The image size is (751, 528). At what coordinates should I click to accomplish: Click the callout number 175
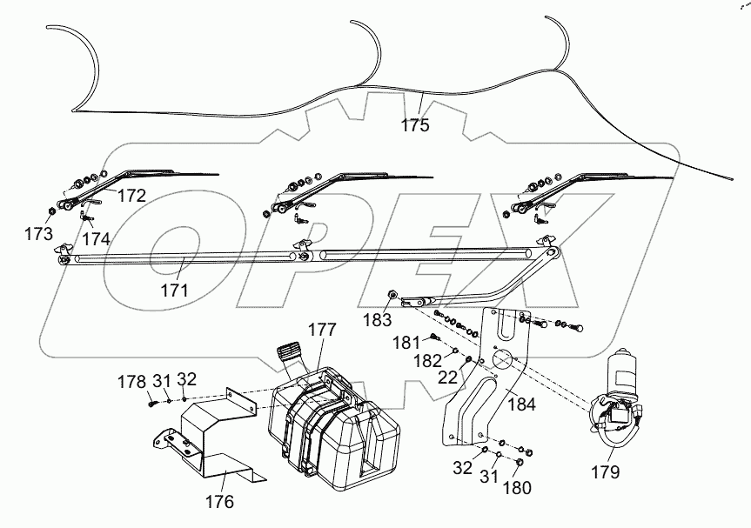click(415, 125)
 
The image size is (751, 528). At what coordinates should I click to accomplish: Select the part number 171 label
click(174, 291)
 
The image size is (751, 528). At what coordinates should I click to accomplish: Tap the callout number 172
click(131, 196)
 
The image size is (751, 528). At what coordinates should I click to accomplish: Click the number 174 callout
click(96, 237)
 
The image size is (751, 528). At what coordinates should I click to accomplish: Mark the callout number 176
click(220, 501)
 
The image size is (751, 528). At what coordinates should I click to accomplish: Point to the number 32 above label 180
click(462, 468)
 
